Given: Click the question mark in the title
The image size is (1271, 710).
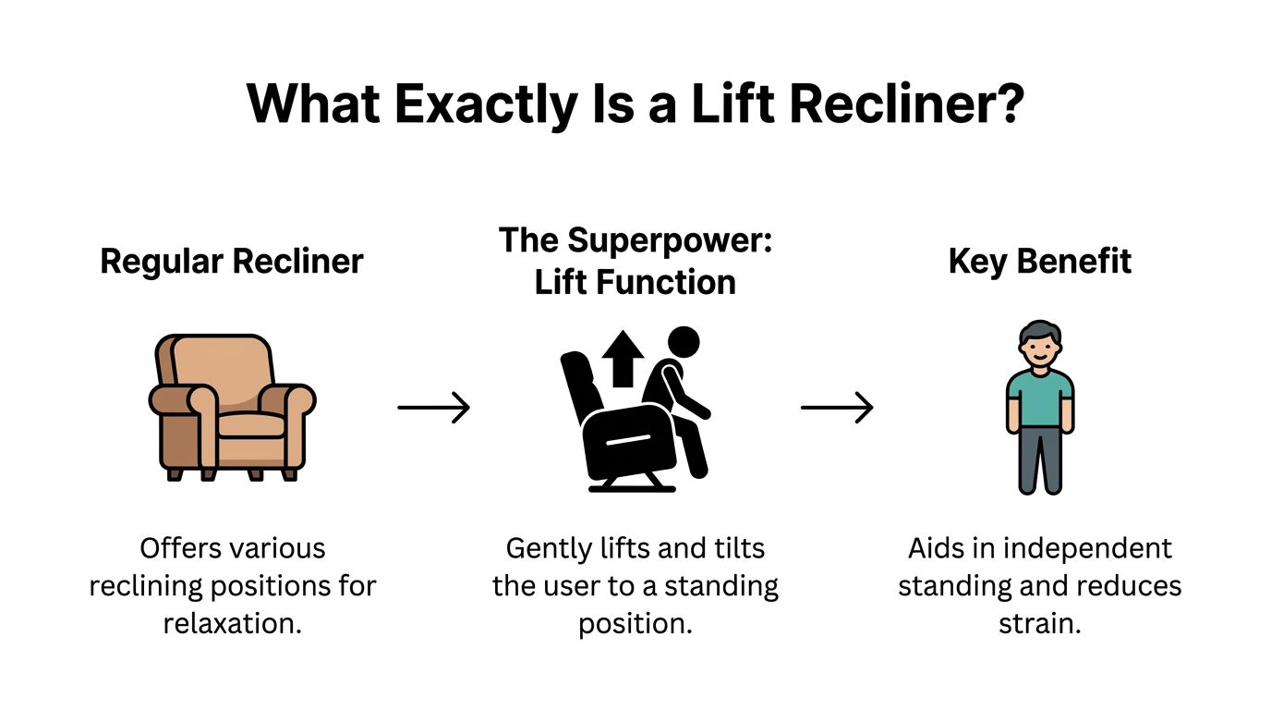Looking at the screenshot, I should pyautogui.click(x=1008, y=104).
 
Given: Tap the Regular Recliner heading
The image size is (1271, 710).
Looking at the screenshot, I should pyautogui.click(x=232, y=261).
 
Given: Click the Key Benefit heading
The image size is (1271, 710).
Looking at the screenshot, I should pyautogui.click(x=1039, y=261).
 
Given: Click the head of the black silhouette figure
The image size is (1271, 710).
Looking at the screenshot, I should pyautogui.click(x=684, y=343).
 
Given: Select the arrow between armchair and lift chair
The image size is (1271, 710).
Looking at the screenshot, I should pyautogui.click(x=433, y=407).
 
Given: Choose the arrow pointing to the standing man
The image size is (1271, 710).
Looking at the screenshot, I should pyautogui.click(x=836, y=407).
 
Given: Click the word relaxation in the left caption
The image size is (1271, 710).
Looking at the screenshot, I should pyautogui.click(x=232, y=623).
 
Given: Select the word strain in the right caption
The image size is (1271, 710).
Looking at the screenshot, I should pyautogui.click(x=1039, y=623).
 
